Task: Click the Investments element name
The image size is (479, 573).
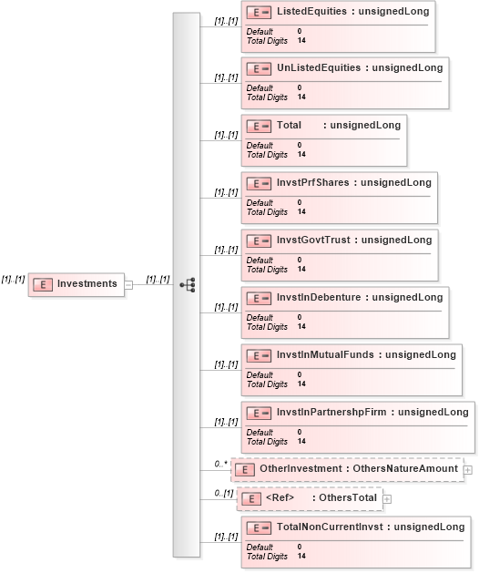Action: pyautogui.click(x=87, y=283)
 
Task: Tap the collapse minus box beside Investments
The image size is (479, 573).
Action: pyautogui.click(x=128, y=284)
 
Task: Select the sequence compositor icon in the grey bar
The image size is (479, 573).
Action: pyautogui.click(x=188, y=284)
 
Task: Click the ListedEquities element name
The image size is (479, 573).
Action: pyautogui.click(x=311, y=11)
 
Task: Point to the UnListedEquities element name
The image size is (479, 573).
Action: pyautogui.click(x=319, y=68)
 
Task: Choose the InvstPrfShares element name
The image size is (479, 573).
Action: pyautogui.click(x=312, y=183)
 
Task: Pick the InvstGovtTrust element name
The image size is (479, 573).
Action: pyautogui.click(x=313, y=240)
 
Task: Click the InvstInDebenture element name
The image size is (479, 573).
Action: pyautogui.click(x=319, y=298)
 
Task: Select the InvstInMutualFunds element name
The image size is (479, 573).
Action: pyautogui.click(x=325, y=355)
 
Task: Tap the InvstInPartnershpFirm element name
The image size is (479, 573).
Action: pyautogui.click(x=331, y=412)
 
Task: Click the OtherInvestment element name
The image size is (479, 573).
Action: pyautogui.click(x=301, y=468)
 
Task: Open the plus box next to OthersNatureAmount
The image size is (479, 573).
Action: pyautogui.click(x=468, y=470)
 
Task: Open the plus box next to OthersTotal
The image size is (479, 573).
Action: pyautogui.click(x=387, y=499)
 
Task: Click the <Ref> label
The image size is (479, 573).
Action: pyautogui.click(x=280, y=497)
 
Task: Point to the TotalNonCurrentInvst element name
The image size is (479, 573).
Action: pyautogui.click(x=330, y=527)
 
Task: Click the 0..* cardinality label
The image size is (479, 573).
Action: pyautogui.click(x=220, y=464)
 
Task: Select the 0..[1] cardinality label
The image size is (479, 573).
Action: pyautogui.click(x=224, y=494)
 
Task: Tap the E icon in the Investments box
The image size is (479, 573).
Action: pyautogui.click(x=43, y=284)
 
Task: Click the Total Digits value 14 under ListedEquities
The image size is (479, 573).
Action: pyautogui.click(x=301, y=41)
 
